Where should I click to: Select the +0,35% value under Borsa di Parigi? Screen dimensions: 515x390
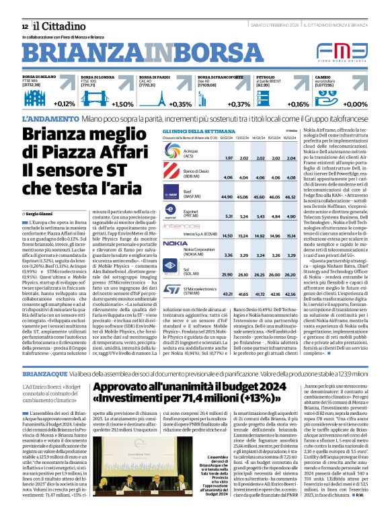pos(180,104)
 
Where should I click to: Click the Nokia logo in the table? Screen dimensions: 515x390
pos(176,243)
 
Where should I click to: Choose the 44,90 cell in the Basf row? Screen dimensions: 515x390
pos(228,197)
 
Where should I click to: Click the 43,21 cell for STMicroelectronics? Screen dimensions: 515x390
pos(228,294)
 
